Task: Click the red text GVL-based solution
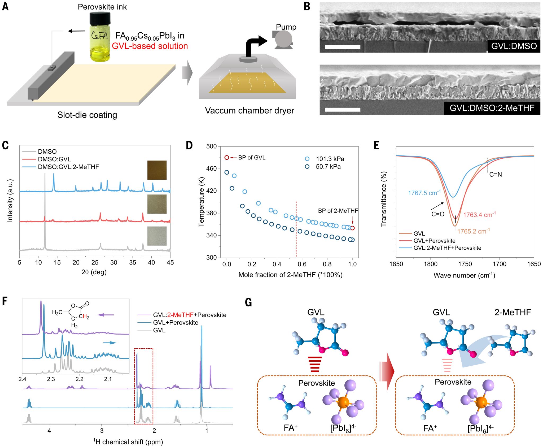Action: tap(150, 46)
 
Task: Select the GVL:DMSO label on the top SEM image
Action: tap(514, 46)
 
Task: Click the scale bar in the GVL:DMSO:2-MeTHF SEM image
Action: tap(342, 109)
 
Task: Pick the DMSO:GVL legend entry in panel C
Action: tap(54, 159)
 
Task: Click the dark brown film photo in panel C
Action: tap(157, 170)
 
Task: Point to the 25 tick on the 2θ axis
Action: tap(95, 262)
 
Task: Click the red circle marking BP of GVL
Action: tap(227, 158)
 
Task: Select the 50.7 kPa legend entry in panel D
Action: tap(328, 167)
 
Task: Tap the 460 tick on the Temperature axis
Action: tap(211, 168)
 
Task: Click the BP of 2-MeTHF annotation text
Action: tap(338, 211)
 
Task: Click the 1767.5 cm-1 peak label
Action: tap(424, 193)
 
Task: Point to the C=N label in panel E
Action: tap(495, 175)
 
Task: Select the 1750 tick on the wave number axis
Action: tap(465, 264)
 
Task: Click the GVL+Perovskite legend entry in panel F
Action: tap(176, 323)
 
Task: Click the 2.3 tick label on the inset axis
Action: tap(51, 379)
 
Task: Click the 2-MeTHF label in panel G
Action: tap(512, 312)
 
